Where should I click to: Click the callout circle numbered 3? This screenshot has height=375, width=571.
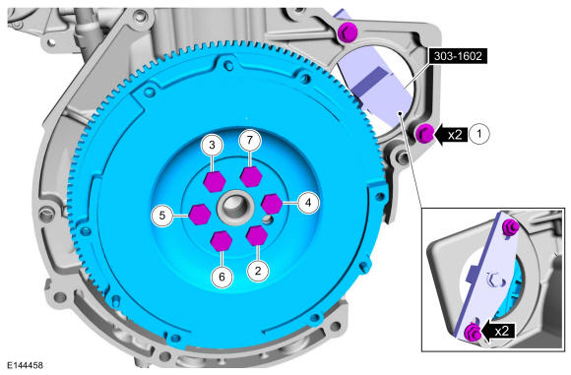coord(213,145)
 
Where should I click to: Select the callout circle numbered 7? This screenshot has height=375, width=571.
coord(249,140)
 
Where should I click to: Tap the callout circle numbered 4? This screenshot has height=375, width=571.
coord(308,203)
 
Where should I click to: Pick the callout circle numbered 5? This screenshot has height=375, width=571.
coord(162,216)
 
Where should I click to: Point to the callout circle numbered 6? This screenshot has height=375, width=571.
coord(222,277)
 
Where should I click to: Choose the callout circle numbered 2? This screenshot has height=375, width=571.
coord(258,271)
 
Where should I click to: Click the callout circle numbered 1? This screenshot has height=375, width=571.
coord(479,134)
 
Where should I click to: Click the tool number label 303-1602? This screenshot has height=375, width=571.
coord(458,56)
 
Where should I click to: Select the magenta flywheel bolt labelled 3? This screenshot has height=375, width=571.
coord(215,181)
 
